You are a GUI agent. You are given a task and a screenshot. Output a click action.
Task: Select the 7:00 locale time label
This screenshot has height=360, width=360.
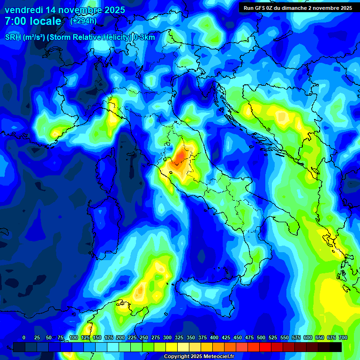33,21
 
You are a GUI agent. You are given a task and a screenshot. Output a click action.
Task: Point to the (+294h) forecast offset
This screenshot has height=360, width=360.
83,21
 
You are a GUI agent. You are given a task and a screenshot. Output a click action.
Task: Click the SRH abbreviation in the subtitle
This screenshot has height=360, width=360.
13,37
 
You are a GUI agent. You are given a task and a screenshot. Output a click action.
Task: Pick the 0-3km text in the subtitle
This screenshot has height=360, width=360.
144,37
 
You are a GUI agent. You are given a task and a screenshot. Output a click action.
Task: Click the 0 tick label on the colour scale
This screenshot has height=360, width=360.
24,337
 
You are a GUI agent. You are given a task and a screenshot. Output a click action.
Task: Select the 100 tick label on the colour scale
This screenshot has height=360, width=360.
74,337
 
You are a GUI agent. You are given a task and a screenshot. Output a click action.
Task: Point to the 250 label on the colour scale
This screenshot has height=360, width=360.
144,337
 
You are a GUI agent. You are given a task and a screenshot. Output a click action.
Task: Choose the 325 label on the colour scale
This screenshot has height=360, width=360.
179,337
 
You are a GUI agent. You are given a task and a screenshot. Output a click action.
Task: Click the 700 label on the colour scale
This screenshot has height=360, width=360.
343,337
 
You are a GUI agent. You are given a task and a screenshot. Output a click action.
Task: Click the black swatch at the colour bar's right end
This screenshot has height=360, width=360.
336,347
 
